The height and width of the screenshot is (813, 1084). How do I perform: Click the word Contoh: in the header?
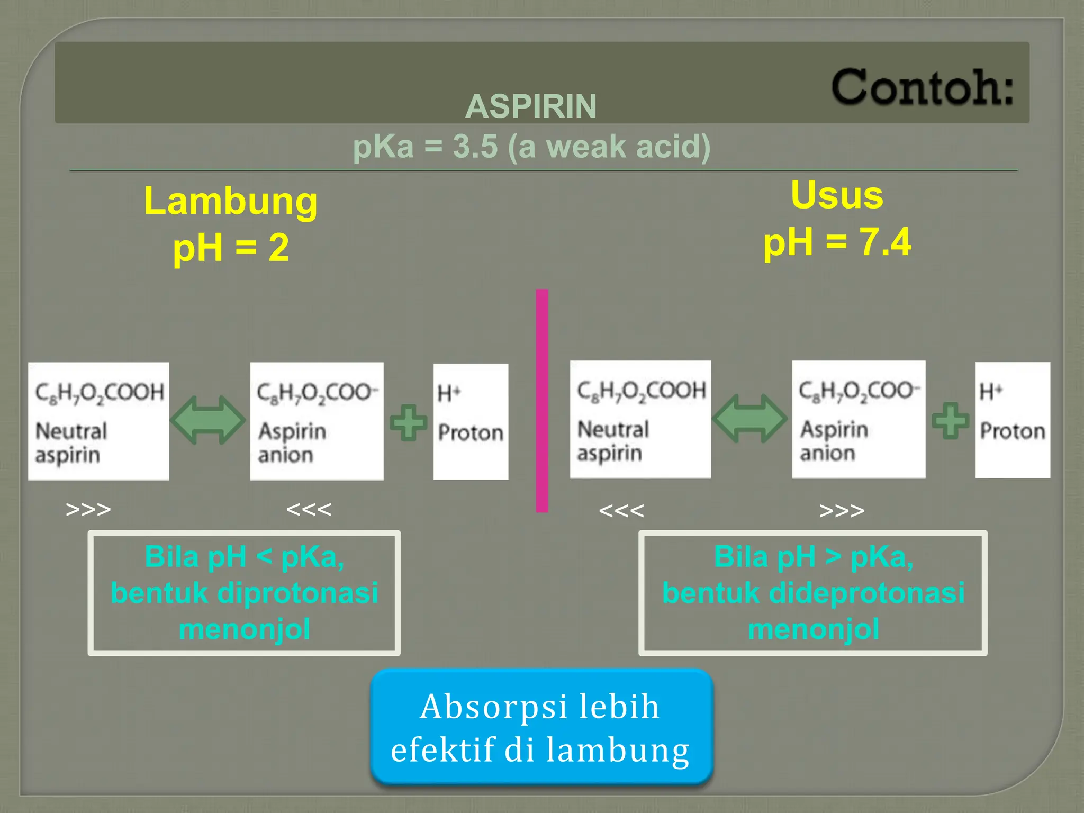point(922,87)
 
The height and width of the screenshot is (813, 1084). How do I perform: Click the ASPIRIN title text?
point(531,106)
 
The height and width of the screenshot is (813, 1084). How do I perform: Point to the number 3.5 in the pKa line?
point(475,147)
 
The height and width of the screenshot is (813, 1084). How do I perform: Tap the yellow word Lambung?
point(231,201)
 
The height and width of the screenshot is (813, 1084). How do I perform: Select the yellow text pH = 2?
point(231,248)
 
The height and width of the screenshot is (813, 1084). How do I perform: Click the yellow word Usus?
point(837,195)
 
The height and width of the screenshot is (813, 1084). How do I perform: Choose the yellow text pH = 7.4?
point(837,242)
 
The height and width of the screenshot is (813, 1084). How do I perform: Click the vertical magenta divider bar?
point(541,400)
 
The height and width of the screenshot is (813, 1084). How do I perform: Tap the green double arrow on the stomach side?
point(208,420)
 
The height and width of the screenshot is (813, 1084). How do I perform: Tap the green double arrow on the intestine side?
point(749,418)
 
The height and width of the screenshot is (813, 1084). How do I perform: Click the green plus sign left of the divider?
point(408,422)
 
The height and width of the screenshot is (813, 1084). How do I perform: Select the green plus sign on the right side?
point(950,421)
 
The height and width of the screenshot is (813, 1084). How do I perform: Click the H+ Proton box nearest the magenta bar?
point(471,421)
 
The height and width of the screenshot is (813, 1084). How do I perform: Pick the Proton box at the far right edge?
point(1012,420)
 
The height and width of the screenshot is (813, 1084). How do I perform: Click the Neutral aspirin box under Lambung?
point(98,421)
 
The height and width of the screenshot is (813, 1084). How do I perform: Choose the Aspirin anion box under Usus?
point(858,420)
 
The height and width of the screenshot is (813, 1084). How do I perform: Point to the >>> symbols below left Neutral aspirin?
point(88,509)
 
